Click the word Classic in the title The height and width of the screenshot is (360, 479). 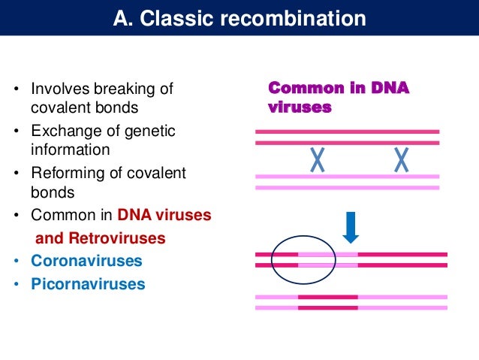pyautogui.click(x=172, y=18)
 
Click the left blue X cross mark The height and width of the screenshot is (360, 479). pyautogui.click(x=318, y=159)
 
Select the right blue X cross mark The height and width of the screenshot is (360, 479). pyautogui.click(x=402, y=159)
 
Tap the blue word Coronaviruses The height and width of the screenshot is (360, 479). pyautogui.click(x=86, y=262)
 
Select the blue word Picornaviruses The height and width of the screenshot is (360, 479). pyautogui.click(x=89, y=285)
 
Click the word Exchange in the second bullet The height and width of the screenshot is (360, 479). pyautogui.click(x=62, y=132)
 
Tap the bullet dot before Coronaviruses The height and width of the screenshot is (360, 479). pyautogui.click(x=16, y=262)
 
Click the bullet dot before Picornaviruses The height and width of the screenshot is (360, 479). pyautogui.click(x=16, y=286)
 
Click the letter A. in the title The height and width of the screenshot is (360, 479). pyautogui.click(x=122, y=18)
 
